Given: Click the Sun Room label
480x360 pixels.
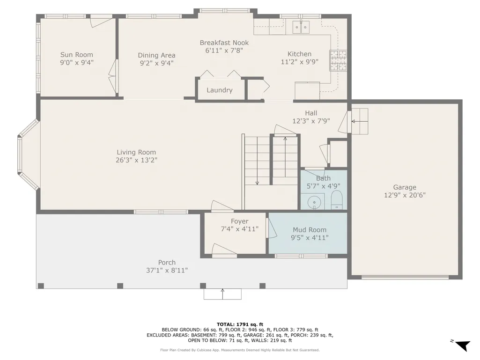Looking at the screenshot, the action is [76, 55].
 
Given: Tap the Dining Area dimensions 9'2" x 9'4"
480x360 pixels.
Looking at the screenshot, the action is [157, 63].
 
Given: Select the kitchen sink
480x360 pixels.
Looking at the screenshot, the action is [301, 27].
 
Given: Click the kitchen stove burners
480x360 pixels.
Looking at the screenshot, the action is [338, 60].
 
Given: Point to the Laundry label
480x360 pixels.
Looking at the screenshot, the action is [220, 90].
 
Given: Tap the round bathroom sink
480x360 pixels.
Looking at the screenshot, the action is [314, 202].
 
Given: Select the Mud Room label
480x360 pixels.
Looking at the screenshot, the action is [310, 229].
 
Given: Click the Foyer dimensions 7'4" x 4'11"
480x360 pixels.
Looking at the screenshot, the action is [240, 228].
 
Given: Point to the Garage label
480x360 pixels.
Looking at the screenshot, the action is [405, 187].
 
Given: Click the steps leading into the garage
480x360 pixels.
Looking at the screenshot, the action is [359, 121].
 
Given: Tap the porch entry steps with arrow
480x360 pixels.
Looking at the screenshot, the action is [222, 294].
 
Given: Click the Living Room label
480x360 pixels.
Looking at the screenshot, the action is [136, 152].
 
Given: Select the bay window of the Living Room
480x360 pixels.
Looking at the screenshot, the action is [28, 155].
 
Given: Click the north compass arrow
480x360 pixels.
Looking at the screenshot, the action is [462, 345].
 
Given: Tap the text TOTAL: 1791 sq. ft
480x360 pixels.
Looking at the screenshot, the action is [240, 324].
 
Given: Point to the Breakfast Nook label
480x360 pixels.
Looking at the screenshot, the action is [224, 43].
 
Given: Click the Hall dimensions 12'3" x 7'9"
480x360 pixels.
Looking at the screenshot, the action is [311, 121].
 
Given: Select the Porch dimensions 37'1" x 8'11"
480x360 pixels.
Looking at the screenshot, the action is [167, 270].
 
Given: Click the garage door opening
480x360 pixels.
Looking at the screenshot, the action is [405, 277].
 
